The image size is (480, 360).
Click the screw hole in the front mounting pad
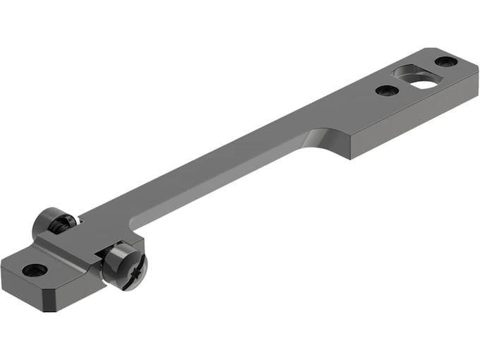click(35, 270)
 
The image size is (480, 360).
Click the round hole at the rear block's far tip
click(446, 61)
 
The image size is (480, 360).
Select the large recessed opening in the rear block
click(415, 77)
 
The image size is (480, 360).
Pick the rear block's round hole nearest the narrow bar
click(385, 90)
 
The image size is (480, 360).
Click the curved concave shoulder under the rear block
click(318, 139)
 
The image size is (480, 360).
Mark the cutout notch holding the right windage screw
click(99, 263)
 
